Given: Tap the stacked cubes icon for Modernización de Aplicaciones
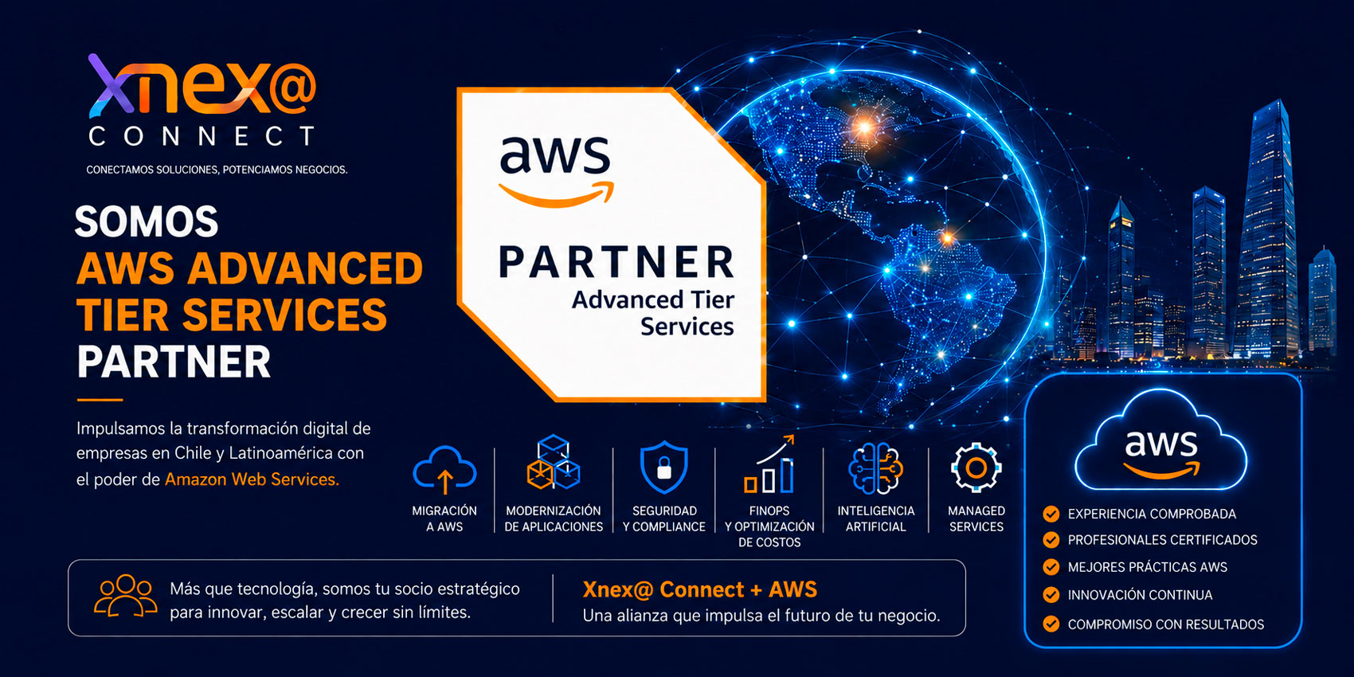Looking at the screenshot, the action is coord(553,463).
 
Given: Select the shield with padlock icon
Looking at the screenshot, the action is coord(663,467).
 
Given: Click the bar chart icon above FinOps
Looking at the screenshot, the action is coord(769,465).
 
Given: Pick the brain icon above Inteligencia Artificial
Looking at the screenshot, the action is coord(875,468).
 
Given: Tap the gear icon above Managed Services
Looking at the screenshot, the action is coord(976,468).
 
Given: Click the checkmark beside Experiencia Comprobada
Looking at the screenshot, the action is coord(1051,514).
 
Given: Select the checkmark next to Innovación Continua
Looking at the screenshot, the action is coord(1051,595).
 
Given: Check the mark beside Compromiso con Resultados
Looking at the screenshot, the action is coord(1051,624).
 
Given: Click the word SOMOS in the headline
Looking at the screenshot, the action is coord(147,222).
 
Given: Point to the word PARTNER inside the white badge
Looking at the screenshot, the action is coord(616,262).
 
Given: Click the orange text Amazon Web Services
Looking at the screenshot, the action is coord(252,479).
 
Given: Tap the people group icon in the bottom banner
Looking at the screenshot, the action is coord(126,596).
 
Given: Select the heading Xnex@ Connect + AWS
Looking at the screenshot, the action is coord(699,589).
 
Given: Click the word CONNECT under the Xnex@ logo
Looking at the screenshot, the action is coord(202,136).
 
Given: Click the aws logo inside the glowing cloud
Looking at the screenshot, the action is coord(1160,454).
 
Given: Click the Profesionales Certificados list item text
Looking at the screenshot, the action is coord(1162,540).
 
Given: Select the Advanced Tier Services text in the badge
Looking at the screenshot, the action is coord(653,313).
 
